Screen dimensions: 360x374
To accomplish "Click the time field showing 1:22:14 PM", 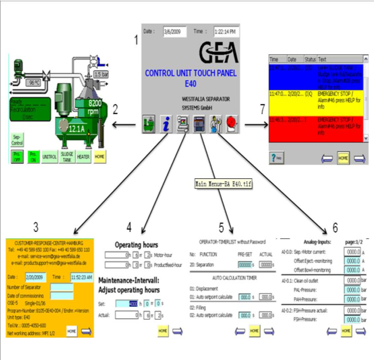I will click(x=226, y=32).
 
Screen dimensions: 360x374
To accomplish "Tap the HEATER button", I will click(x=83, y=156).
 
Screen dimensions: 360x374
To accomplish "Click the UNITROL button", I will click(x=50, y=156).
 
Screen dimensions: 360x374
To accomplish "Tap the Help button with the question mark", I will click(x=277, y=157).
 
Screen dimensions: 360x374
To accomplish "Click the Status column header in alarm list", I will click(x=310, y=59).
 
